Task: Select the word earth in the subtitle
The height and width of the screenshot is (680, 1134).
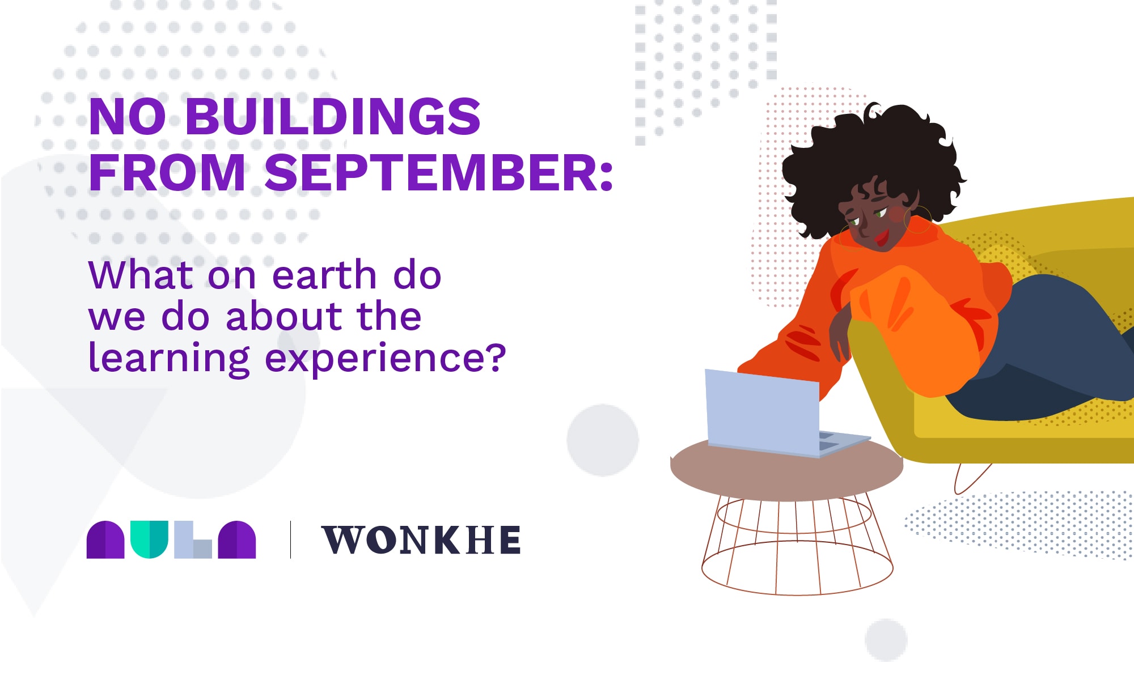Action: [325, 275]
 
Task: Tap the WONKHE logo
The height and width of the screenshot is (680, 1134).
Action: [421, 539]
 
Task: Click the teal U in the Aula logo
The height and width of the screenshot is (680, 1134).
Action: [149, 539]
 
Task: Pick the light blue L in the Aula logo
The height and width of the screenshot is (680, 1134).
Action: [193, 539]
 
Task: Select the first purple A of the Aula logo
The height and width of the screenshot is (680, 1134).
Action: [105, 539]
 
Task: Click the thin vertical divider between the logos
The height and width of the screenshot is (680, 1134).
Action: [290, 539]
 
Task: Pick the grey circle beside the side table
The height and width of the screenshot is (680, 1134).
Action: [603, 440]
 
